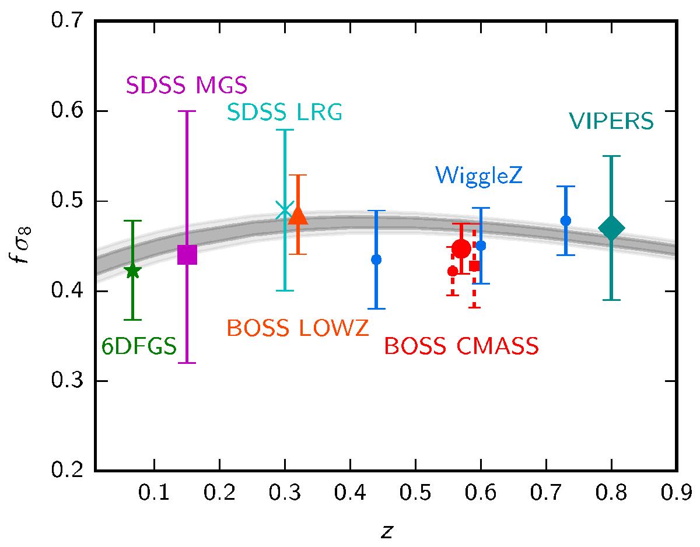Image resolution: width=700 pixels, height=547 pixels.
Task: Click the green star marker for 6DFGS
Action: (x=132, y=271)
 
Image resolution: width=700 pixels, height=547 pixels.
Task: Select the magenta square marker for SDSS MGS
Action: (x=187, y=255)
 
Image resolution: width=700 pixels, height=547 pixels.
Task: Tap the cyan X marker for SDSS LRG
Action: (x=285, y=210)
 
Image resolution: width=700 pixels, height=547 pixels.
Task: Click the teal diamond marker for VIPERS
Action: (x=611, y=228)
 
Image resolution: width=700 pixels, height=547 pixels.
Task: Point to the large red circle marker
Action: (x=461, y=249)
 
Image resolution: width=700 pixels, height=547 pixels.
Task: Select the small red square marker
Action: (x=474, y=266)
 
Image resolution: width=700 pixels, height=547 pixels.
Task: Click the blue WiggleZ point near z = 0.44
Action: (x=376, y=260)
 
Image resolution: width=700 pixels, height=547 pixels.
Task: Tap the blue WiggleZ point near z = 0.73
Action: (x=565, y=220)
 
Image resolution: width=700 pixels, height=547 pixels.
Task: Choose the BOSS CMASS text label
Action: (x=461, y=346)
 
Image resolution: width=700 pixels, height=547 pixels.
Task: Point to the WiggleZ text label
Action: (x=477, y=173)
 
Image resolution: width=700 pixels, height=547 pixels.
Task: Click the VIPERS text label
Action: (x=611, y=122)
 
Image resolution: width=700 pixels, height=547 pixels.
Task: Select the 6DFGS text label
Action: (x=139, y=347)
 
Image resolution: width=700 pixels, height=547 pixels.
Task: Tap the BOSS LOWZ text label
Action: (x=297, y=328)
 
